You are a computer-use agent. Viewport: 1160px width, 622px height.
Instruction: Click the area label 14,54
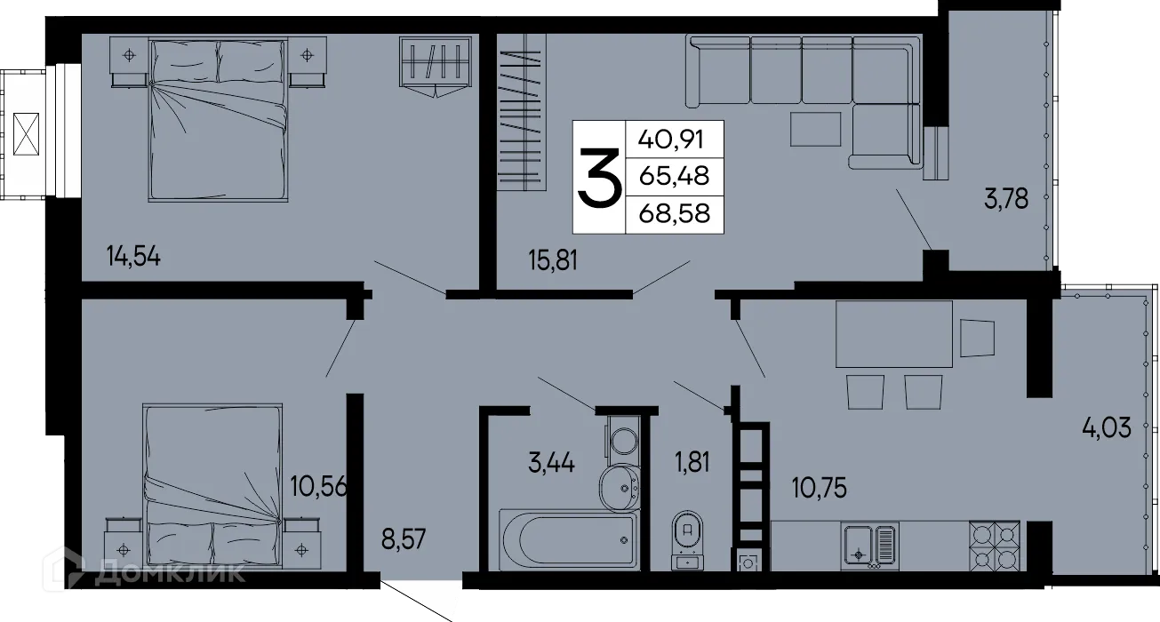(x=137, y=258)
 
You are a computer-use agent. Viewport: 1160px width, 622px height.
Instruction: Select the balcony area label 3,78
(x=1005, y=199)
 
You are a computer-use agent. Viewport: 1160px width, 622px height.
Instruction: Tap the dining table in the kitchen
(x=893, y=333)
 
